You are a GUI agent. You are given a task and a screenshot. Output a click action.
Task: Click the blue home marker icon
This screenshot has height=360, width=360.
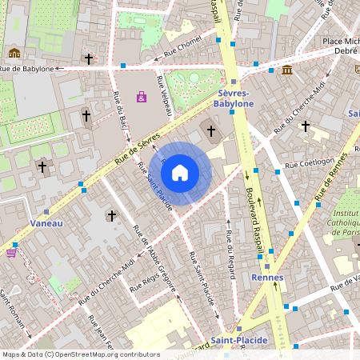pos(180,173)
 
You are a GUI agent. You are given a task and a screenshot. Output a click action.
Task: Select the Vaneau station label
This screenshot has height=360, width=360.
pos(46,223)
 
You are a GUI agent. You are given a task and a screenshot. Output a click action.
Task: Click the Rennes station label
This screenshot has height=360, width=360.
pos(267,278)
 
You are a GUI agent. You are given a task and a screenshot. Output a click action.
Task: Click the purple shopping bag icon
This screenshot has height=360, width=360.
pos(142,97)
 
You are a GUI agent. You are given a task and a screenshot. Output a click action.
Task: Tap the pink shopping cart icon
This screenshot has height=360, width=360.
pos(11,253)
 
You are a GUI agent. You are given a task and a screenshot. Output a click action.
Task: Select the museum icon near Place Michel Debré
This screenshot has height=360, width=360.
pos(287,70)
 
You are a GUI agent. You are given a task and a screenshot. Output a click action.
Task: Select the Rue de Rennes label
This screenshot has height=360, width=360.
pos(335,180)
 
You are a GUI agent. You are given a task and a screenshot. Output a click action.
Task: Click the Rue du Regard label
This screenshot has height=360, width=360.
pos(229,254)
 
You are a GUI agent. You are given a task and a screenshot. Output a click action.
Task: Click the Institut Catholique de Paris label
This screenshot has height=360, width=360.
pos(345,223)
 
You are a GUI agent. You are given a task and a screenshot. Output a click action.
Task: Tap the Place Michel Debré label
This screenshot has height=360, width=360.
pos(340,47)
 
